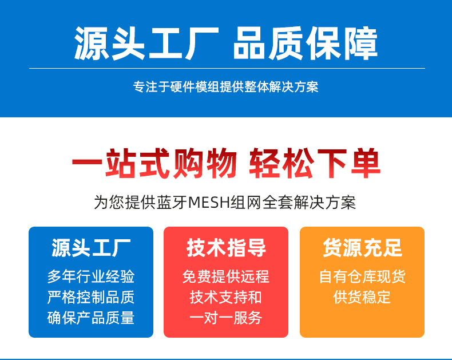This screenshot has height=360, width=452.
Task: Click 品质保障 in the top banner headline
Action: tap(306, 43)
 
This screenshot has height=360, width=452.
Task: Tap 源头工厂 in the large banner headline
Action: tap(146, 43)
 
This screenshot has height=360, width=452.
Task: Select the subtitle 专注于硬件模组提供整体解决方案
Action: tap(225, 87)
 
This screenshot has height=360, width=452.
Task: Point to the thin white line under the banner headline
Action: tap(227, 68)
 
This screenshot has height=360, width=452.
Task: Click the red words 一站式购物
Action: tap(154, 163)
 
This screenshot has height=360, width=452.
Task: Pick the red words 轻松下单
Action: tap(315, 163)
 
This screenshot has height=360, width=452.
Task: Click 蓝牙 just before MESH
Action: tap(172, 202)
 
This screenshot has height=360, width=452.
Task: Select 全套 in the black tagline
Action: tap(277, 202)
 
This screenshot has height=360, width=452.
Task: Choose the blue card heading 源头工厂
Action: tap(91, 247)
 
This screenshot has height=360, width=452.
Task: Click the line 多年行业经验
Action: tap(91, 276)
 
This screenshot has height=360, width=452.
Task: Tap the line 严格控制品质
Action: tap(91, 297)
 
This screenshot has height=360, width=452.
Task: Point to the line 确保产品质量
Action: tap(91, 318)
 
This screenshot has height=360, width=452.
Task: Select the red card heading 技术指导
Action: tap(227, 247)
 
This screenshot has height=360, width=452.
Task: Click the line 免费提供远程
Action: tap(225, 276)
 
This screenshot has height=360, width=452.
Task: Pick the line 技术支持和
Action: tap(225, 297)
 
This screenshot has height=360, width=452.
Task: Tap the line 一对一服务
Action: tap(225, 318)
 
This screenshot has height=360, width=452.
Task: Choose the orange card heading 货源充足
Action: tap(362, 247)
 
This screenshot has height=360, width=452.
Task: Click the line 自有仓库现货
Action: tap(362, 276)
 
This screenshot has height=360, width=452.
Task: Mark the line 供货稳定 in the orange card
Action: tap(362, 297)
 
